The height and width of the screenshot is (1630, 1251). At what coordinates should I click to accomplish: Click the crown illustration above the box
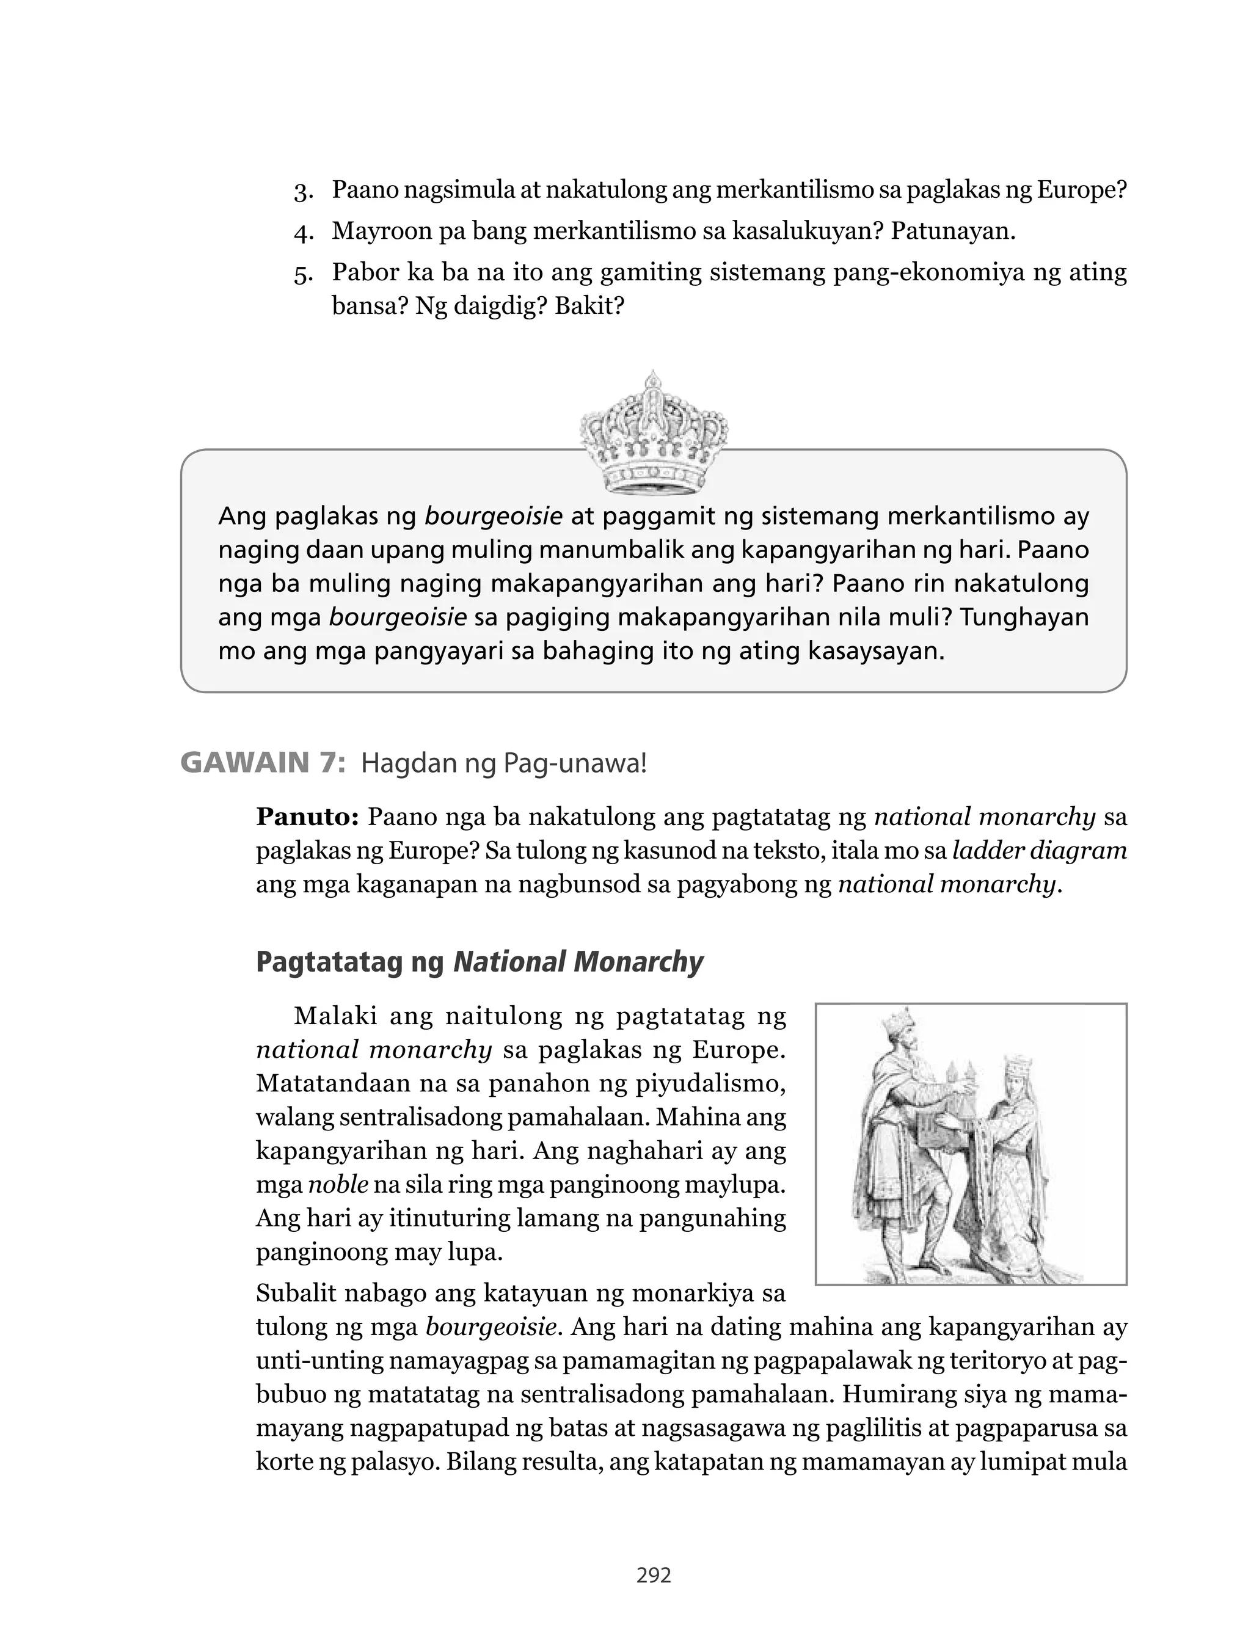click(x=653, y=433)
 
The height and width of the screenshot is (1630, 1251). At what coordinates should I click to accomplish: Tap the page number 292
click(x=654, y=1575)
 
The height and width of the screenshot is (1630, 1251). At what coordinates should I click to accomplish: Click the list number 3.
click(x=302, y=191)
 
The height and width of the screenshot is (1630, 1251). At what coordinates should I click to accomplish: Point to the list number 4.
click(x=302, y=232)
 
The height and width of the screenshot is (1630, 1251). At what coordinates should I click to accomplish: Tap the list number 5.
click(x=302, y=274)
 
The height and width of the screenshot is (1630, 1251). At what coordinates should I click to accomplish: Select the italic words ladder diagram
click(x=1040, y=851)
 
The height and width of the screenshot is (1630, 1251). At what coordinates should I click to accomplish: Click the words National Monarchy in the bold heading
click(x=578, y=962)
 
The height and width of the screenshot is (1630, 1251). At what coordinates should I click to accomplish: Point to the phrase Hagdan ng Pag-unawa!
click(x=504, y=763)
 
